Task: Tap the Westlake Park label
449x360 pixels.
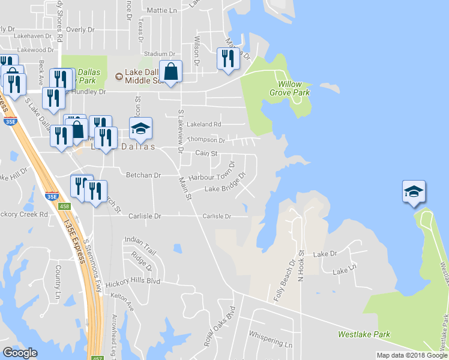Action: (364, 334)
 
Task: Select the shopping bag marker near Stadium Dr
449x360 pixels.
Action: (171, 72)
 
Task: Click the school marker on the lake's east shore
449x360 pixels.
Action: (414, 192)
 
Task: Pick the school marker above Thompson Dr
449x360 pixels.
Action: (140, 129)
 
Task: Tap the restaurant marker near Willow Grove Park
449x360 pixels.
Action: (228, 59)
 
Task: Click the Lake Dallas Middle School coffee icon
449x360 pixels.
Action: (118, 76)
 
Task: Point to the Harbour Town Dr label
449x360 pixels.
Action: (211, 178)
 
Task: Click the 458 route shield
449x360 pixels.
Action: (65, 206)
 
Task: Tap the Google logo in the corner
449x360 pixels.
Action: (20, 353)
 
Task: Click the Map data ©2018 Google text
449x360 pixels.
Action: (411, 355)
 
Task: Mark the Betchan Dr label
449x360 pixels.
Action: (143, 175)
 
